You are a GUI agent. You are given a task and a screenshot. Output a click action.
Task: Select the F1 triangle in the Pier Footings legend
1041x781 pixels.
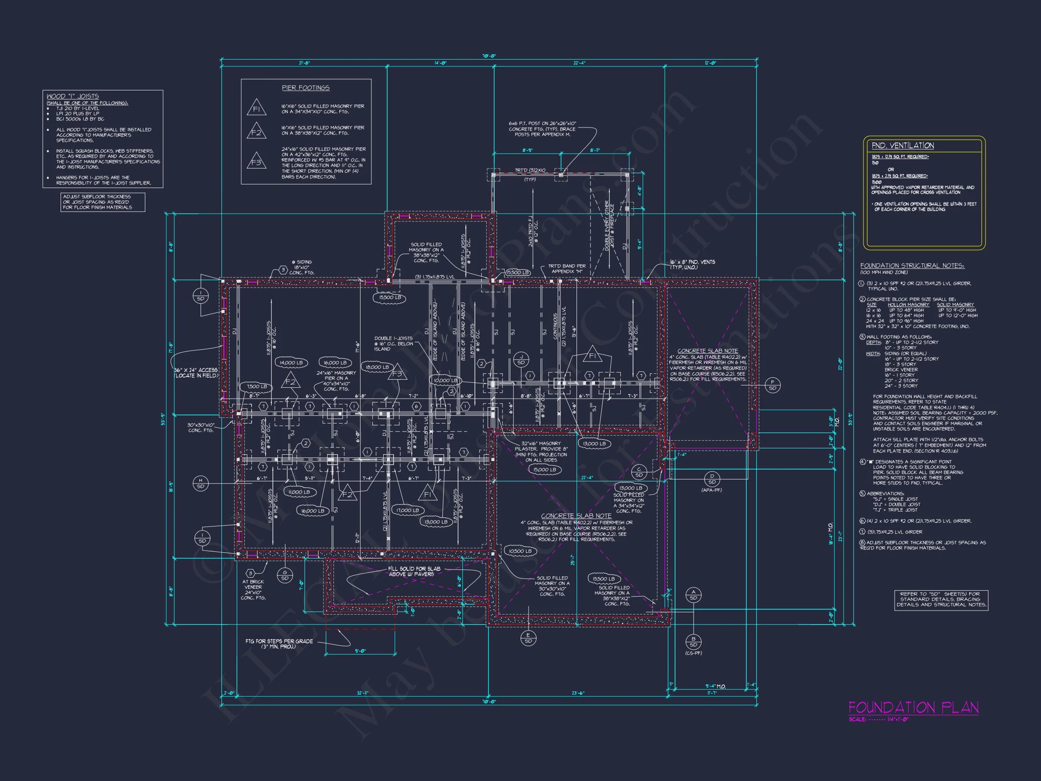click(257, 108)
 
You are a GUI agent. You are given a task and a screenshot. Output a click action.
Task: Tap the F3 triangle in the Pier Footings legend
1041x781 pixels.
click(256, 161)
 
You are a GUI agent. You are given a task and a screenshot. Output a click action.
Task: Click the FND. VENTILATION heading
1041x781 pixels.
click(903, 146)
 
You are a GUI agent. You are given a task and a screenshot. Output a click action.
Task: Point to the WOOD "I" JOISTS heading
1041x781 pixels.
click(72, 96)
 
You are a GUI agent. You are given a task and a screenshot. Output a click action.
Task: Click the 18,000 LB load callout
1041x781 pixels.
click(377, 367)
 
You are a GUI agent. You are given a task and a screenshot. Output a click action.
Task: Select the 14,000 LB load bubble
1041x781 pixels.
click(291, 363)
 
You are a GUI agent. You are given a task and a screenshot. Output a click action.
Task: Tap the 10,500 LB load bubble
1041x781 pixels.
click(520, 551)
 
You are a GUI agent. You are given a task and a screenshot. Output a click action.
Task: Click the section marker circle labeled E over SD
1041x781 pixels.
click(528, 638)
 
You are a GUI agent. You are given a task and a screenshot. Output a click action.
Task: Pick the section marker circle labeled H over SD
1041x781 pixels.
click(201, 483)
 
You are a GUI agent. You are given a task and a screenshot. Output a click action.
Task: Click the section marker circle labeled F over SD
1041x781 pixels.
click(772, 385)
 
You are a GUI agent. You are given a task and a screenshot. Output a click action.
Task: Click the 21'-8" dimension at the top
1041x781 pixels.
click(304, 63)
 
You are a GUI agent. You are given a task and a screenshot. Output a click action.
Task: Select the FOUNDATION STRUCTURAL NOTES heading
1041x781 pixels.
click(912, 266)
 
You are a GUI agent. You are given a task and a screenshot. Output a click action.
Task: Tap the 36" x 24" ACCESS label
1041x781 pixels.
click(196, 373)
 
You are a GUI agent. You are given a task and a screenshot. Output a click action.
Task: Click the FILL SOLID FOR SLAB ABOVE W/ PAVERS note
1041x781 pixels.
click(414, 571)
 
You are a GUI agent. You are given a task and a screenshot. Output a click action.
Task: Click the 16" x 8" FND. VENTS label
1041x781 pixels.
click(692, 264)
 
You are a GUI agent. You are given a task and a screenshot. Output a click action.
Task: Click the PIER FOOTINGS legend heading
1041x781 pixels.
click(305, 88)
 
